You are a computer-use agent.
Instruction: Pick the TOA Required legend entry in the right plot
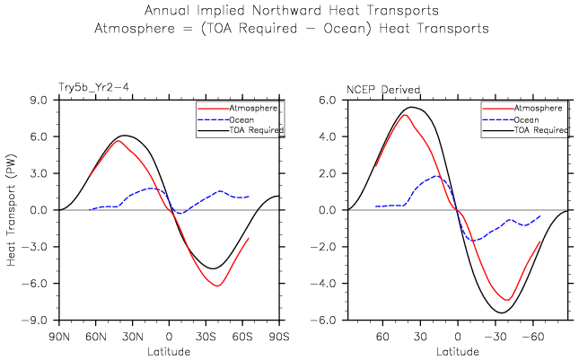pos(542,130)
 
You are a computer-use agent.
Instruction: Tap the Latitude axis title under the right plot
pos(458,350)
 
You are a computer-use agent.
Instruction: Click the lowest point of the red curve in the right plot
pos(507,301)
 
